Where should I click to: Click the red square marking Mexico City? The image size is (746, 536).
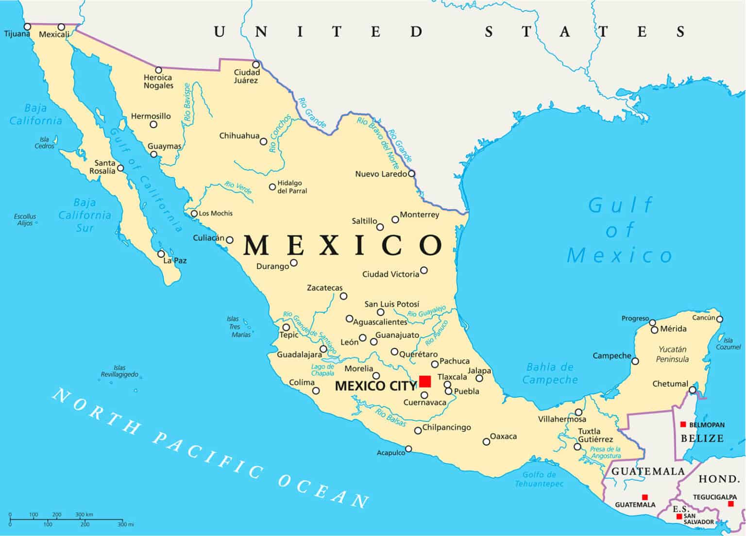tap(425, 381)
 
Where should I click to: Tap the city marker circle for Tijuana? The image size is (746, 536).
tap(28, 27)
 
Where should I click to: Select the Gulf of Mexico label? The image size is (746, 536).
tap(620, 230)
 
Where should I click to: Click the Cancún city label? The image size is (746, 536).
tap(703, 318)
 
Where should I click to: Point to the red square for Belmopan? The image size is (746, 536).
tap(683, 424)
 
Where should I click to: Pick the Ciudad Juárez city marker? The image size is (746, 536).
tap(255, 65)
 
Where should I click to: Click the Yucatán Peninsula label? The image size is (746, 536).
tap(672, 354)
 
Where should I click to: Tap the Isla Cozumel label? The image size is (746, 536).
tap(728, 344)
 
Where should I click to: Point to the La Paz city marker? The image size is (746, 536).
tap(161, 254)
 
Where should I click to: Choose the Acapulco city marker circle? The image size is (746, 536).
tap(408, 449)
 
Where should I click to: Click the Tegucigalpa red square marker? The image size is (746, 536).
tap(731, 504)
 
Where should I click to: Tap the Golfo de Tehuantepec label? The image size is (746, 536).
tap(539, 479)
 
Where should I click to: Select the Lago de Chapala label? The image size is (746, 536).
tap(322, 370)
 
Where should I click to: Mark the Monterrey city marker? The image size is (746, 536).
tap(395, 220)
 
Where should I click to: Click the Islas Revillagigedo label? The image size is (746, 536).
tap(119, 371)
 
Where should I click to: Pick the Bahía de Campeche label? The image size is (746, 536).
tap(550, 373)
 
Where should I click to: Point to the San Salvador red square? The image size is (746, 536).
tap(679, 516)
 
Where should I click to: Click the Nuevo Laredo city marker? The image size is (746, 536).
tap(411, 173)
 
